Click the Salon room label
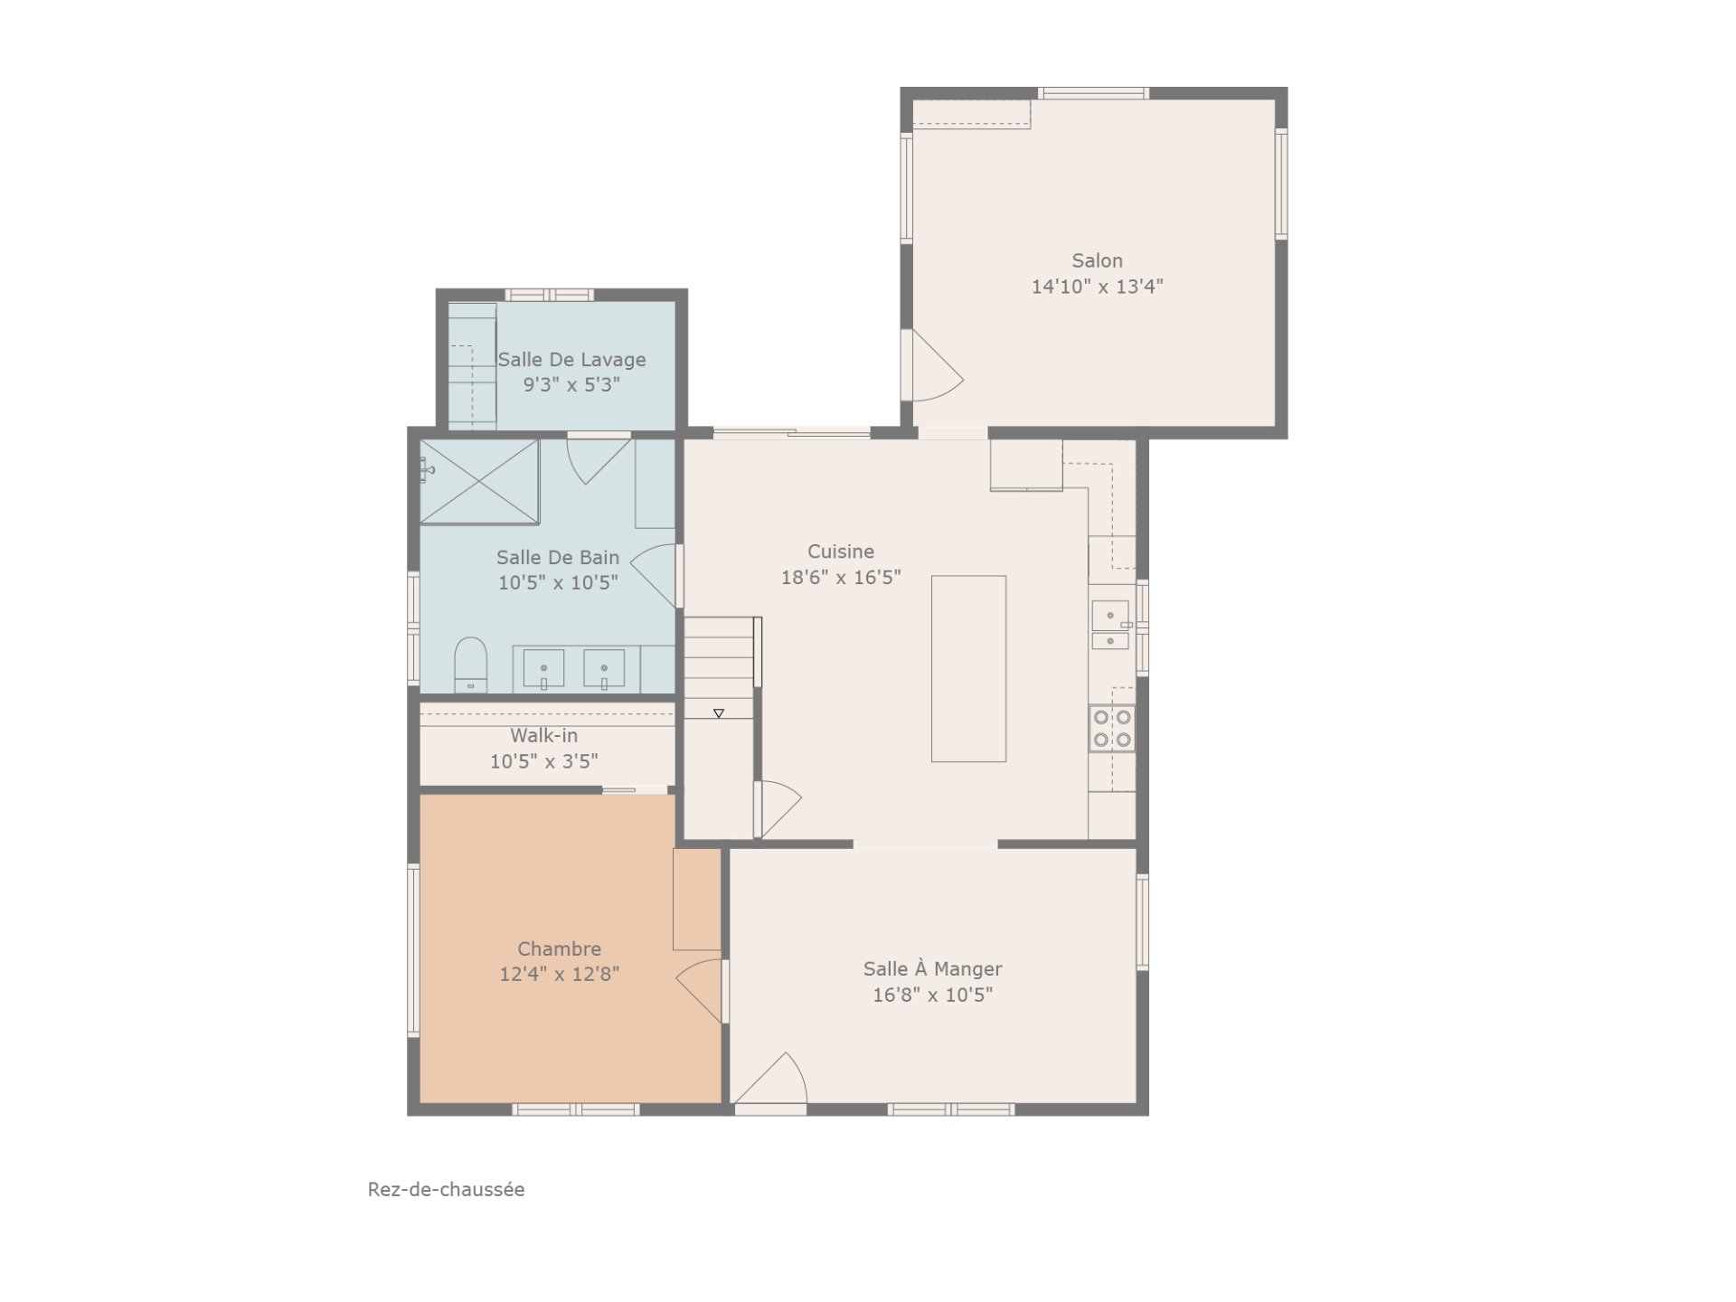[1097, 260]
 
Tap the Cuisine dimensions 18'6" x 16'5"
[841, 577]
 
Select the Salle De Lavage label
[571, 360]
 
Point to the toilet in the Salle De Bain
[470, 665]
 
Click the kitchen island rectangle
[968, 668]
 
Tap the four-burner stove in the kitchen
[1112, 728]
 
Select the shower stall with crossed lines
[479, 481]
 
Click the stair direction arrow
[719, 713]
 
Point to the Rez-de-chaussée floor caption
[446, 1189]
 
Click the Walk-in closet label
[543, 736]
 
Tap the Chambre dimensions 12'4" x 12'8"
[559, 974]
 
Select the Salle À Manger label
[932, 969]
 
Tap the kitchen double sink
[1110, 626]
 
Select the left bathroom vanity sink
[543, 669]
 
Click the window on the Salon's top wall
[1093, 93]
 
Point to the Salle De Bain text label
[558, 558]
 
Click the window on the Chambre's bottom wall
[576, 1109]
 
